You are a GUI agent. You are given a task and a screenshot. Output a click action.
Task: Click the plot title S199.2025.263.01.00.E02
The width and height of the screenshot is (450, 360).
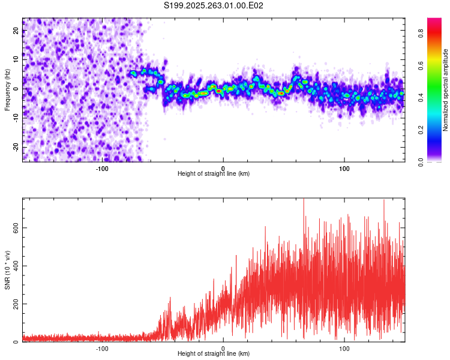point(214,5)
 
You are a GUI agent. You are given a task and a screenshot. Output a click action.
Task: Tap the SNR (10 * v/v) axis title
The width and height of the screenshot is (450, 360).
point(7,270)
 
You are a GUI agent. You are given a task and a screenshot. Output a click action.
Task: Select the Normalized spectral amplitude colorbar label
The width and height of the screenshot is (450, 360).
point(446,90)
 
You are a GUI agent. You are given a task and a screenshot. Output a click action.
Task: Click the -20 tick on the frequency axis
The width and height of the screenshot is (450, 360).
point(16,147)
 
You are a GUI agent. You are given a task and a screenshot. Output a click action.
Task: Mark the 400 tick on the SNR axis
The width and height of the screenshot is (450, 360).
point(16,266)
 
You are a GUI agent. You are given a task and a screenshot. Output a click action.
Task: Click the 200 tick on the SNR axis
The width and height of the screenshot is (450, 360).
point(16,304)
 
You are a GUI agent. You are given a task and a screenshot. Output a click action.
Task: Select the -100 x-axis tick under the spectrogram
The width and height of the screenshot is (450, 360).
point(102,169)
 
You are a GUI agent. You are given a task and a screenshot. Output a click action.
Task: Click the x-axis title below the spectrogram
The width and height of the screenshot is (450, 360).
point(214,174)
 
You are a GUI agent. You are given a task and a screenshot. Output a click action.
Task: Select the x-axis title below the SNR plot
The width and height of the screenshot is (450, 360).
point(214,354)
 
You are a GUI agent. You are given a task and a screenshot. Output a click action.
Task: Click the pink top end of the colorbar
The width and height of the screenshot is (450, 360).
point(434,21)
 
